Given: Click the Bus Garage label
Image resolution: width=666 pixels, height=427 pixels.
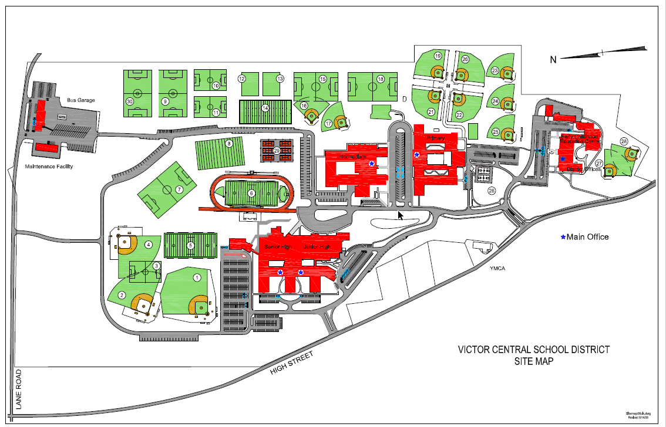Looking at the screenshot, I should [81, 100].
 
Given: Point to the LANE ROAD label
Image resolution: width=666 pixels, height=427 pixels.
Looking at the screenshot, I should [19, 389].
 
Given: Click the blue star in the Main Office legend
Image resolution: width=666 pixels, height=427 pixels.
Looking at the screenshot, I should [563, 237].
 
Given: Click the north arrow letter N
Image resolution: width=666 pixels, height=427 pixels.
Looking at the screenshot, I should [553, 59].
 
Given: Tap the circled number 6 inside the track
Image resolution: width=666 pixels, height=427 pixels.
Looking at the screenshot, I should [251, 193].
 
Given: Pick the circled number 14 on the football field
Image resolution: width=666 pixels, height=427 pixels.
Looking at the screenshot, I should [265, 108].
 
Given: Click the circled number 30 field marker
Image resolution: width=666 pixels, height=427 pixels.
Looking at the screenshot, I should [130, 101].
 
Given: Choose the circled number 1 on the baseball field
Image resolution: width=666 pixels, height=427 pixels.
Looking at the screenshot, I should [197, 277].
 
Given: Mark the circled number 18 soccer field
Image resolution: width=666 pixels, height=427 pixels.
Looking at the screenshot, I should [381, 79].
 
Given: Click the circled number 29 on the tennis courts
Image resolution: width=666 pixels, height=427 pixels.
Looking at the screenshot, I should [276, 151].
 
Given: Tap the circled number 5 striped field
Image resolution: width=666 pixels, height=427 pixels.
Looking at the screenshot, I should [190, 246].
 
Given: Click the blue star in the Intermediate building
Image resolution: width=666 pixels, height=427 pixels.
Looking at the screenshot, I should [372, 164].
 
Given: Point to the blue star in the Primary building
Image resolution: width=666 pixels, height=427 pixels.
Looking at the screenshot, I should [417, 155].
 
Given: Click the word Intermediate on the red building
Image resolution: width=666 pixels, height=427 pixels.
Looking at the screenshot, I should [352, 157].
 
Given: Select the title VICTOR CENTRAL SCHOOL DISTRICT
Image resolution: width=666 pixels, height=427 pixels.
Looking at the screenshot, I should [533, 350].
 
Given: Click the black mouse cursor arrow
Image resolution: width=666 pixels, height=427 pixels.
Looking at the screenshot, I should [401, 215].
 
